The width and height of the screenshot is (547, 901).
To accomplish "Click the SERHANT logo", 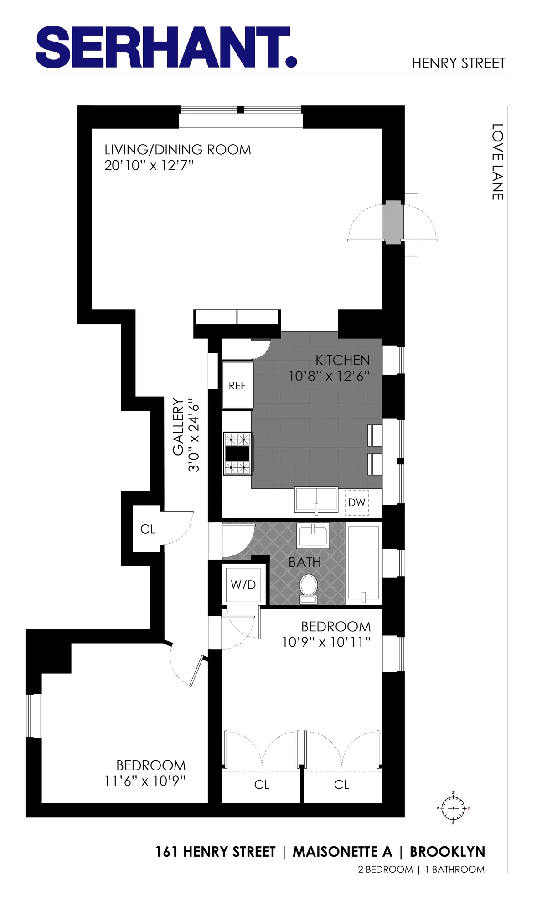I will click(166, 47).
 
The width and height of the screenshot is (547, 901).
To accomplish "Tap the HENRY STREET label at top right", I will click(458, 63).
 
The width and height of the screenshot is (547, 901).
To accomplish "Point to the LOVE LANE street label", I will click(497, 162).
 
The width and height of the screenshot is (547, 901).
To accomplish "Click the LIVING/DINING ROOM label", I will click(178, 150).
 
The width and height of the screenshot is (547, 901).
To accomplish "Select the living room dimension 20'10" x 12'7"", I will click(149, 166).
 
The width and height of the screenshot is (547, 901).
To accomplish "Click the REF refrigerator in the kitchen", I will click(237, 386).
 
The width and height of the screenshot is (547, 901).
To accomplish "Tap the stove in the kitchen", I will click(237, 454).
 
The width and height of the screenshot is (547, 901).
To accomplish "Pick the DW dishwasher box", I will click(356, 503).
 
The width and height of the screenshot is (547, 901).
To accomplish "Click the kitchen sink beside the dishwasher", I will click(316, 500).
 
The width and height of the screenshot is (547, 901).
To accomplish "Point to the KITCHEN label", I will click(342, 361).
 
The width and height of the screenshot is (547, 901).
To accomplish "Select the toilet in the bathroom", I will click(309, 589).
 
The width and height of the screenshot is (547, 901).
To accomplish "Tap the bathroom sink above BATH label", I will click(313, 535).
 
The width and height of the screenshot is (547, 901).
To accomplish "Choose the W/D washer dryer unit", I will click(243, 585).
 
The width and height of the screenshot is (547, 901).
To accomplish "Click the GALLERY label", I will click(178, 427).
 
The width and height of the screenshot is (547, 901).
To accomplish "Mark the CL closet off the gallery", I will click(148, 529).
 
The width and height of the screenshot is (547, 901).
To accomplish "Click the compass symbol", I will click(453, 808).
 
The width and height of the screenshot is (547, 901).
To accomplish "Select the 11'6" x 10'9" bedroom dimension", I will click(145, 781).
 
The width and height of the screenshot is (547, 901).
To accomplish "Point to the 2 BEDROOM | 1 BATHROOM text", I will click(421, 870).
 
